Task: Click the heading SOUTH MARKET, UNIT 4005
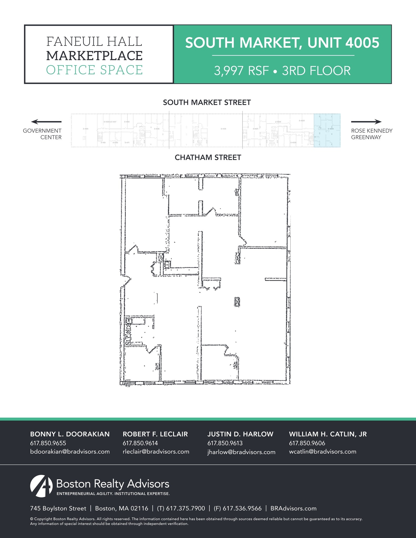click(x=282, y=43)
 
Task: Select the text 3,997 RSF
click(x=241, y=71)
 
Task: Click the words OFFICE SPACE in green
click(x=94, y=70)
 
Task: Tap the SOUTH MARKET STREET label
click(x=207, y=102)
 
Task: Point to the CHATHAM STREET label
click(x=208, y=157)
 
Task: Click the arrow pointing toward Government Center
click(x=46, y=122)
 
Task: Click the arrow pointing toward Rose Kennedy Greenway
click(x=366, y=122)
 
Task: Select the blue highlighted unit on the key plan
click(x=327, y=130)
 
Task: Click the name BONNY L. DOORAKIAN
click(x=70, y=434)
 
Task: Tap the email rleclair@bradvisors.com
click(x=156, y=452)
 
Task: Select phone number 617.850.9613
click(x=225, y=443)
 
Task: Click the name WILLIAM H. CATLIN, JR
click(x=328, y=434)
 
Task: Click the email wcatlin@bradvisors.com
click(x=322, y=452)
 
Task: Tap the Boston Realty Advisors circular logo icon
click(x=41, y=486)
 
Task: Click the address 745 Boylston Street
click(x=58, y=508)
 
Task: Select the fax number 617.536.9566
click(x=242, y=508)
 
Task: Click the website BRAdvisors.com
click(x=293, y=508)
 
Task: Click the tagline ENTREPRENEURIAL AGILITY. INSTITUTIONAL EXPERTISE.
click(x=113, y=494)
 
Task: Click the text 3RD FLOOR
click(x=316, y=71)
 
